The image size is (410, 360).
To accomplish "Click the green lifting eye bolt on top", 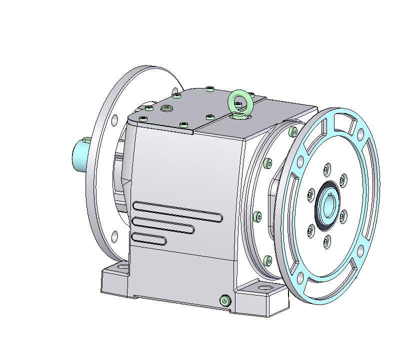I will tap(238, 101).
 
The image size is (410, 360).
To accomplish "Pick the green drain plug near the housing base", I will tap(224, 300).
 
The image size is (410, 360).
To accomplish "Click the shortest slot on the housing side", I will tap(149, 238).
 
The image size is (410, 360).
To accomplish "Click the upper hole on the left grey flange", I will tap(115, 119).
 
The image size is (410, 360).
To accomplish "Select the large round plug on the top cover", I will tap(166, 108).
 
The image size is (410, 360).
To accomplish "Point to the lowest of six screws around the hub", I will tap(325, 242).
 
